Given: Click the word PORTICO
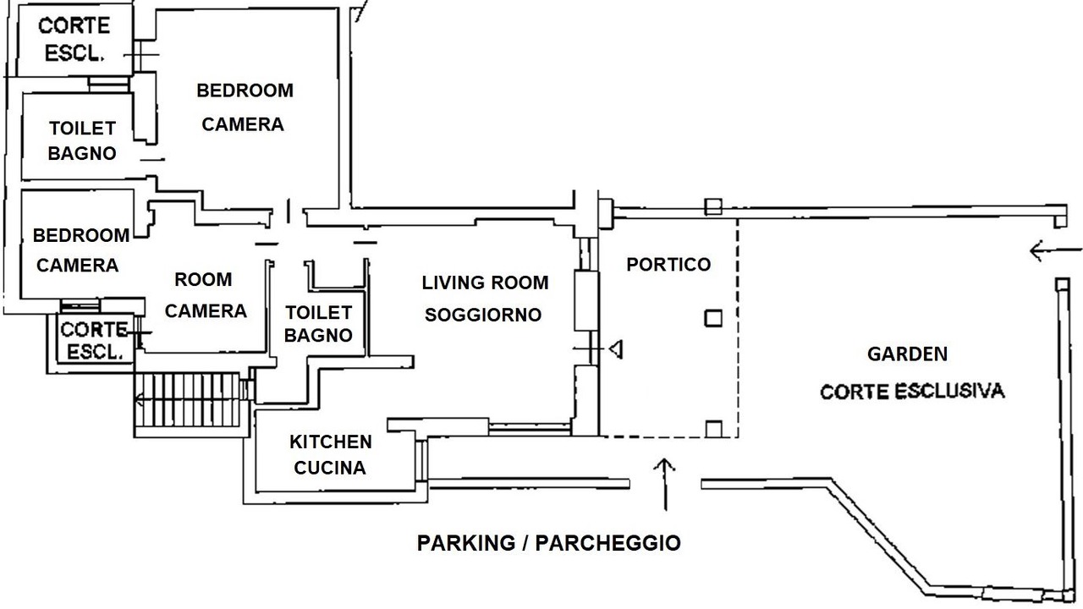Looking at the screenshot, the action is [x=668, y=265].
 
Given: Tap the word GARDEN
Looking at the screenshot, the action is [x=908, y=354].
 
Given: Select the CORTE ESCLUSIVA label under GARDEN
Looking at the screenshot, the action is [x=912, y=391].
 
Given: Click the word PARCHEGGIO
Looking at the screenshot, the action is [x=607, y=543].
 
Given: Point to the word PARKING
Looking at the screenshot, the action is [x=466, y=543].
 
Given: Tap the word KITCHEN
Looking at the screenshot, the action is [x=331, y=442].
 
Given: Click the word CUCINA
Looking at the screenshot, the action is [x=330, y=468].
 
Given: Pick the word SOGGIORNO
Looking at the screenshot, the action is [x=483, y=315].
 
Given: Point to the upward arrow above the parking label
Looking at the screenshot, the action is [x=665, y=484].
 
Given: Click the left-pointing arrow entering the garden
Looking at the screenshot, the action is [x=1056, y=251].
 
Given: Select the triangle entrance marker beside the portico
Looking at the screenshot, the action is [x=616, y=348].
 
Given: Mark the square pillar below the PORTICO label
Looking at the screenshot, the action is [x=713, y=318].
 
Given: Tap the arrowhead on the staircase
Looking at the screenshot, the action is [x=139, y=400].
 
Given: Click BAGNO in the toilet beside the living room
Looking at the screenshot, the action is [x=318, y=335].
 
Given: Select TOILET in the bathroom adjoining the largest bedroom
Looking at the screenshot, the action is [x=82, y=128].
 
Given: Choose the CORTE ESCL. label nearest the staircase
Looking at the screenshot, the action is [x=94, y=341].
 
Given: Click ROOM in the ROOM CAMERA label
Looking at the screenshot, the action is [x=203, y=279].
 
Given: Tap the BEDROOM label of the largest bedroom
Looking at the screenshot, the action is [x=245, y=91].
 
